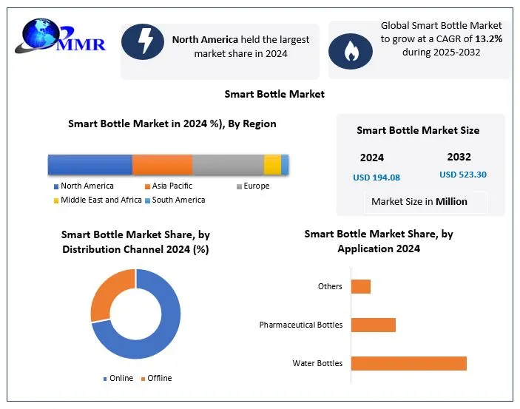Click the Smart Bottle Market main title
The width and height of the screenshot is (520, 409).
pos(274,94)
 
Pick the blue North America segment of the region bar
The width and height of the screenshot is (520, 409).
pos(90,165)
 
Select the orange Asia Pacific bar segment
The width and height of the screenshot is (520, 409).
pos(162,165)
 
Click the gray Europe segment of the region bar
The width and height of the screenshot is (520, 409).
pos(228,165)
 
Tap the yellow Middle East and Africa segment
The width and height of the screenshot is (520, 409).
pos(272,165)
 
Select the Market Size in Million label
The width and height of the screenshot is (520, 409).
pos(419,201)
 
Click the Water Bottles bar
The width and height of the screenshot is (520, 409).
pos(408,363)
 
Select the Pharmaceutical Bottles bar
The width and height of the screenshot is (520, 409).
pos(373,325)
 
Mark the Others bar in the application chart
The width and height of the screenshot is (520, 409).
pos(360,286)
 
